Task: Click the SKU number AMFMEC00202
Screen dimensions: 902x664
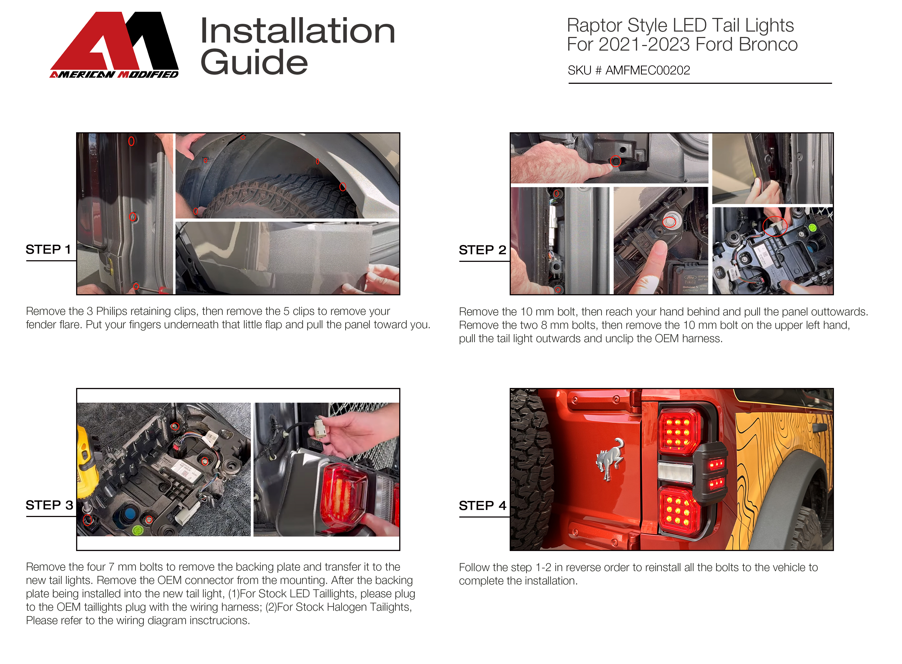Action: point(647,70)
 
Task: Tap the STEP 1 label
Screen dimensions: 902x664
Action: point(48,250)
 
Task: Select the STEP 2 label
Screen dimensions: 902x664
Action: point(482,250)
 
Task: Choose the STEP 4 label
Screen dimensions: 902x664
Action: point(482,506)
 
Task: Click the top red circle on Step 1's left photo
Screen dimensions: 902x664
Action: point(131,141)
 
